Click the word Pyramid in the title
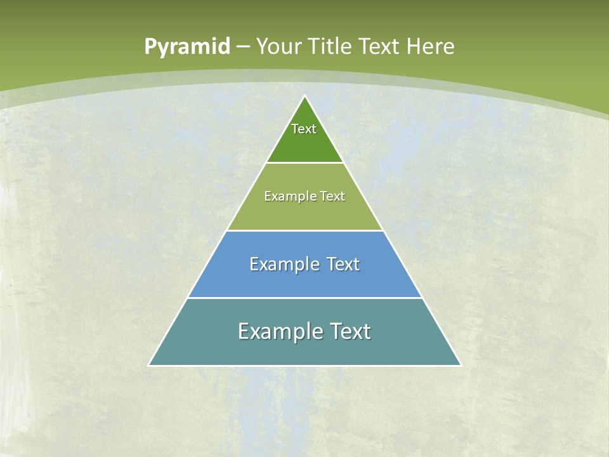click(x=187, y=47)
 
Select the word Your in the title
click(x=279, y=46)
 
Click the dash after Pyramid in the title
click(x=243, y=47)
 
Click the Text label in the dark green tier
click(x=304, y=129)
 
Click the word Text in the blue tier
click(x=343, y=264)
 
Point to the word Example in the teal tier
click(x=278, y=331)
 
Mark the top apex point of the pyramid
click(x=305, y=96)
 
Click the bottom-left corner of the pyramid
click(x=149, y=365)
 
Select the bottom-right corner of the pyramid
click(x=461, y=365)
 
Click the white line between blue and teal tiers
click(x=305, y=298)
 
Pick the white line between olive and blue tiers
click(x=305, y=230)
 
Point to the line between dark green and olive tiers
click(x=305, y=163)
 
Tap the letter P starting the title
click(x=150, y=47)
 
